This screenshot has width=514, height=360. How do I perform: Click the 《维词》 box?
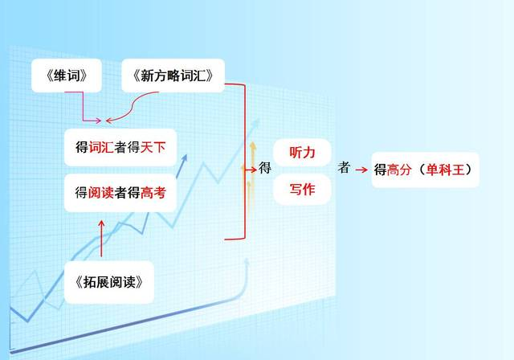(67, 76)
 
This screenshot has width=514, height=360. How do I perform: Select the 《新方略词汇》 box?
(173, 76)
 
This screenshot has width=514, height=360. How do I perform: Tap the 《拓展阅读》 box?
(109, 282)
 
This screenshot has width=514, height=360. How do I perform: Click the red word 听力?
(302, 153)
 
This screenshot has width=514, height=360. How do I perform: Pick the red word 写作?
(302, 189)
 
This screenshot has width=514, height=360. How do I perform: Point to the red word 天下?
(153, 148)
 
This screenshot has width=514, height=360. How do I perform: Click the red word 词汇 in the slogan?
(101, 148)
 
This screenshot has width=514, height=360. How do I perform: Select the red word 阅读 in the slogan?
(101, 193)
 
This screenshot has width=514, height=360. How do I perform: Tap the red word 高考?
(153, 193)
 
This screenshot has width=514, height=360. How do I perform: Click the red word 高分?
(399, 170)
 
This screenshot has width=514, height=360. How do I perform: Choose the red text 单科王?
(446, 170)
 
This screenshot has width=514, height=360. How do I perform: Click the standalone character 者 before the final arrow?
(344, 167)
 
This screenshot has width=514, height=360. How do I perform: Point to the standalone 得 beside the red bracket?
(265, 167)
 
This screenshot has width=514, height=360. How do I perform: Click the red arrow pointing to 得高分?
(361, 170)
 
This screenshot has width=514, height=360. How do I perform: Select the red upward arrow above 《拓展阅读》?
(102, 239)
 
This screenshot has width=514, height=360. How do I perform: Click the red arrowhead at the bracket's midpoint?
(254, 170)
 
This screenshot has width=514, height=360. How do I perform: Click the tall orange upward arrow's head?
(253, 145)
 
